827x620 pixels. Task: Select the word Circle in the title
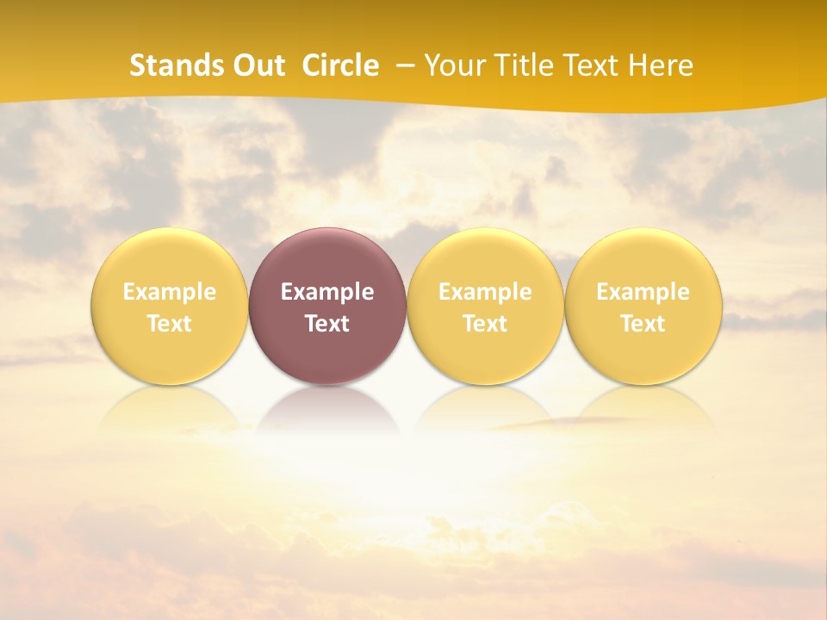tap(340, 65)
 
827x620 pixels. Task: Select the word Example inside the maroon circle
tap(327, 292)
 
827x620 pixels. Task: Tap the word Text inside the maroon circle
tap(327, 324)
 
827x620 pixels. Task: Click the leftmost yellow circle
tap(169, 258)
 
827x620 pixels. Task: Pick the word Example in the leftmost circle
tap(169, 292)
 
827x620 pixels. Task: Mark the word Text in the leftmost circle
tap(169, 324)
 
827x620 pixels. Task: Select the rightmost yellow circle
tap(644, 258)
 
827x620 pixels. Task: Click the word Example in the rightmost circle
tap(644, 292)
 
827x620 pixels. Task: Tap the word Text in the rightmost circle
tap(644, 324)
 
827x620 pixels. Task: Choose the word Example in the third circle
tap(485, 292)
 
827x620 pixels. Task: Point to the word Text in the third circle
tap(485, 324)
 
